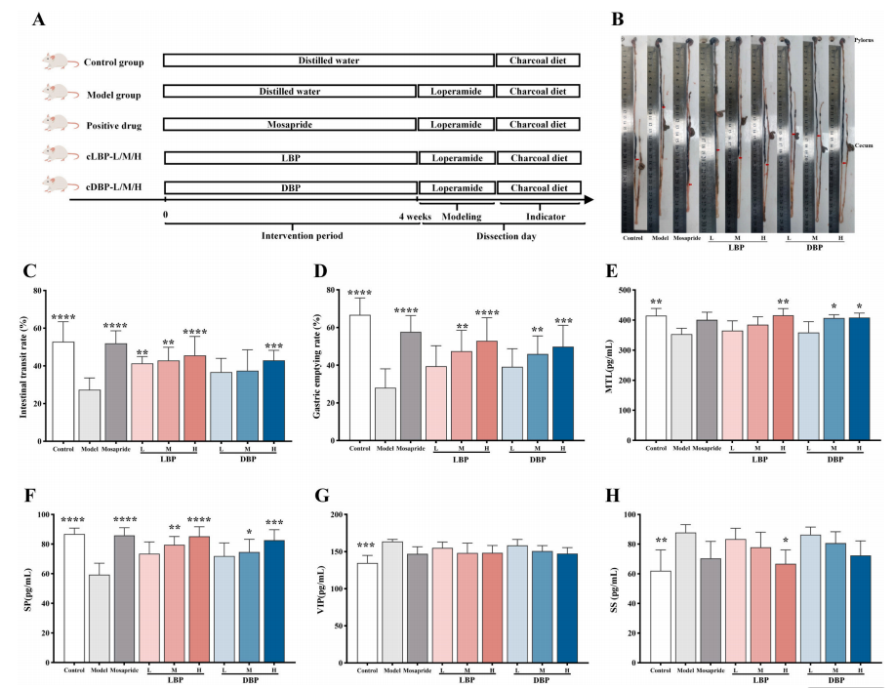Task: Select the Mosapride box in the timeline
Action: click(289, 125)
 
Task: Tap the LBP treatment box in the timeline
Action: click(289, 157)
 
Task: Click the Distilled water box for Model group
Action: click(289, 93)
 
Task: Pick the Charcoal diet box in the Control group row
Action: click(538, 61)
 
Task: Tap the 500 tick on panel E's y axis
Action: click(630, 291)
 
